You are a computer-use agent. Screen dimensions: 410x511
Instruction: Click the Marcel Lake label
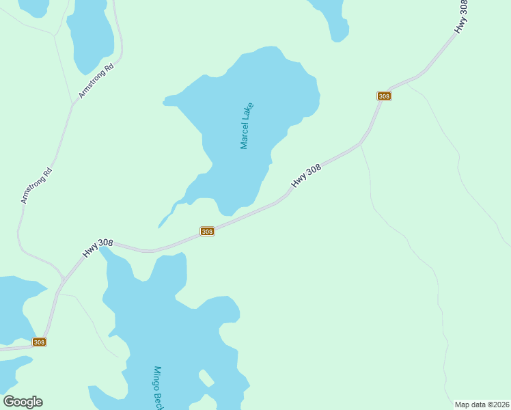[x=247, y=126]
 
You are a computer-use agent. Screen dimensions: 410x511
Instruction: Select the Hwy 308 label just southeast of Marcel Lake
[x=306, y=175]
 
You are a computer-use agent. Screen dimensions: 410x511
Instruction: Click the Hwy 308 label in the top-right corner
[x=462, y=16]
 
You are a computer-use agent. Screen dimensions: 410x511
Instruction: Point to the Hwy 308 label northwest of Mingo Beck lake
[x=98, y=247]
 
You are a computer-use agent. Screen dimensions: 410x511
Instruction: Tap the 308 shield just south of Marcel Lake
[x=208, y=232]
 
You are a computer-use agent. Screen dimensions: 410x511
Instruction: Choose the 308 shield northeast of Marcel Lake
[x=384, y=96]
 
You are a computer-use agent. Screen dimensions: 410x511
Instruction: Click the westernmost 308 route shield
[x=39, y=342]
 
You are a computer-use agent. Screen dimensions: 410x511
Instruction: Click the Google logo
[x=23, y=402]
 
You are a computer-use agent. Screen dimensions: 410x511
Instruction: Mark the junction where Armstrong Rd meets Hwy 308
[x=64, y=279]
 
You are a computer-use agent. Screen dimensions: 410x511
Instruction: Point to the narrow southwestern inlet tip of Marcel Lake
[x=161, y=225]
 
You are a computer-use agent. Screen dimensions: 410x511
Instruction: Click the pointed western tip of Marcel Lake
[x=164, y=103]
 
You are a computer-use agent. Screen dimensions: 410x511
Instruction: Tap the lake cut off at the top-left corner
[x=31, y=5]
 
